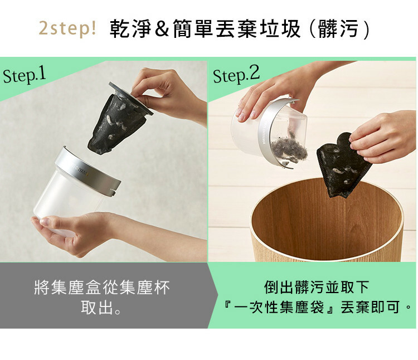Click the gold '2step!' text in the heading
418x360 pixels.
tap(67, 28)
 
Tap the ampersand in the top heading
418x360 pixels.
tap(162, 28)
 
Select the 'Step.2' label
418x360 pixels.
tap(236, 75)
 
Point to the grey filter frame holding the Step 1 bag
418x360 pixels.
tap(130, 98)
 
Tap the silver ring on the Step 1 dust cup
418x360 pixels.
tap(88, 171)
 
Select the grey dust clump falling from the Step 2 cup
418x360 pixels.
tap(289, 149)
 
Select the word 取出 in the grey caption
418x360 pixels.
tap(98, 308)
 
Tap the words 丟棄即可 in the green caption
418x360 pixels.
tap(371, 307)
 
